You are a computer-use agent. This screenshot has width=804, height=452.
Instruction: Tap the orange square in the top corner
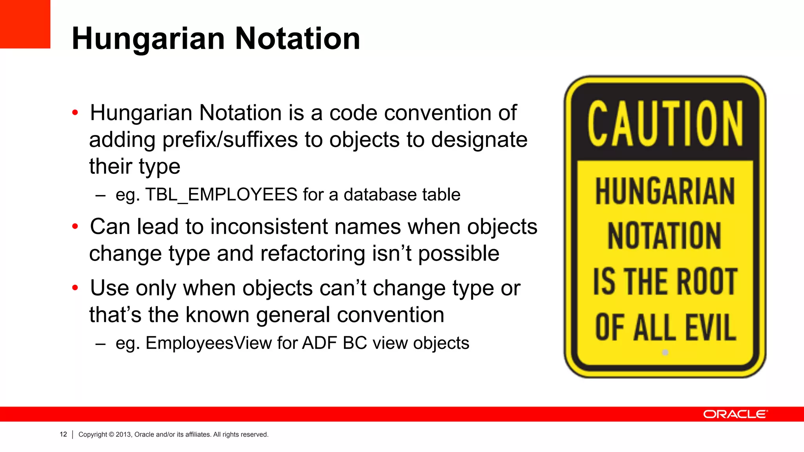click(25, 24)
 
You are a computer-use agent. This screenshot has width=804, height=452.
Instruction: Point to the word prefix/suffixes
click(230, 140)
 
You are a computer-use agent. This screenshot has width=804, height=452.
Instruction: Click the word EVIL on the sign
click(711, 328)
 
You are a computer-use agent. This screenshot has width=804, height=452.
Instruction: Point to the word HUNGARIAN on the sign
click(665, 191)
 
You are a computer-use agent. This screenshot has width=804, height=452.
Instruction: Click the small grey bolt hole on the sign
click(665, 352)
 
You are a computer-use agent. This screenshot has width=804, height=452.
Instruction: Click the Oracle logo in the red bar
click(735, 414)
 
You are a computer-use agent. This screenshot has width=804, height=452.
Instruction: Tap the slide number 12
click(63, 434)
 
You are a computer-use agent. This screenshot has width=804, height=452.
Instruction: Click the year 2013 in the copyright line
click(123, 435)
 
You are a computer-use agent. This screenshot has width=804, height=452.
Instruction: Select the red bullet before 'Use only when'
click(75, 288)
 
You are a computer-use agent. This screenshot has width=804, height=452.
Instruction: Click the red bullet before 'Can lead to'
click(75, 226)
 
